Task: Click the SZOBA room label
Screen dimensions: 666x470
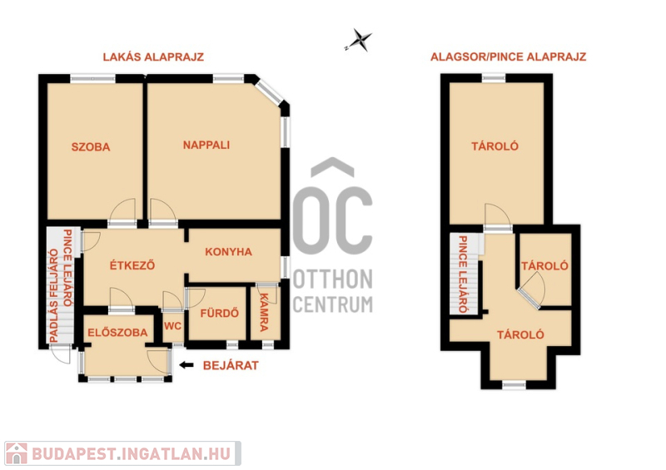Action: point(91,147)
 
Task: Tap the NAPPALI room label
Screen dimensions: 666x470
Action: point(206,146)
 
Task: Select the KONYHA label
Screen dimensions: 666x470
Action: point(228,252)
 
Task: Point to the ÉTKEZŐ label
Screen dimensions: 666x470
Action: point(132,265)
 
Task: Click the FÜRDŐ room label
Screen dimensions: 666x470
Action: point(219,314)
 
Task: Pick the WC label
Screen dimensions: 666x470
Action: point(172,326)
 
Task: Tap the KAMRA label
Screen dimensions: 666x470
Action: point(264,312)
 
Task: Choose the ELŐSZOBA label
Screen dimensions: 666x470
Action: point(117,333)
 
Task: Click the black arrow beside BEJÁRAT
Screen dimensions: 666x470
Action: point(186,364)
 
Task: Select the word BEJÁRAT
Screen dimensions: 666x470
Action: point(231,365)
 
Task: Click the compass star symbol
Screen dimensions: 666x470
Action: point(360,40)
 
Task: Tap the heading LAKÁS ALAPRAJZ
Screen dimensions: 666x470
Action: point(153,57)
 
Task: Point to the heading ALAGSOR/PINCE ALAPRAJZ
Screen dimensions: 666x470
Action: point(509,57)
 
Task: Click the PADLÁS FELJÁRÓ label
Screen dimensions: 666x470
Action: point(54,295)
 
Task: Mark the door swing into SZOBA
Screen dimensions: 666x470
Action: point(122,210)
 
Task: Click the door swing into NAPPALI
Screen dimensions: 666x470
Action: point(163,210)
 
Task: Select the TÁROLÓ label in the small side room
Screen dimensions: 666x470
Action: point(545,266)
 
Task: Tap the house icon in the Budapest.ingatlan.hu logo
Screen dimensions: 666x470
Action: point(17,453)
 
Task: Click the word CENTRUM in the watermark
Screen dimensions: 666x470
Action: point(333,304)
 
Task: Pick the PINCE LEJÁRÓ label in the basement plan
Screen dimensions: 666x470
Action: point(463,275)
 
